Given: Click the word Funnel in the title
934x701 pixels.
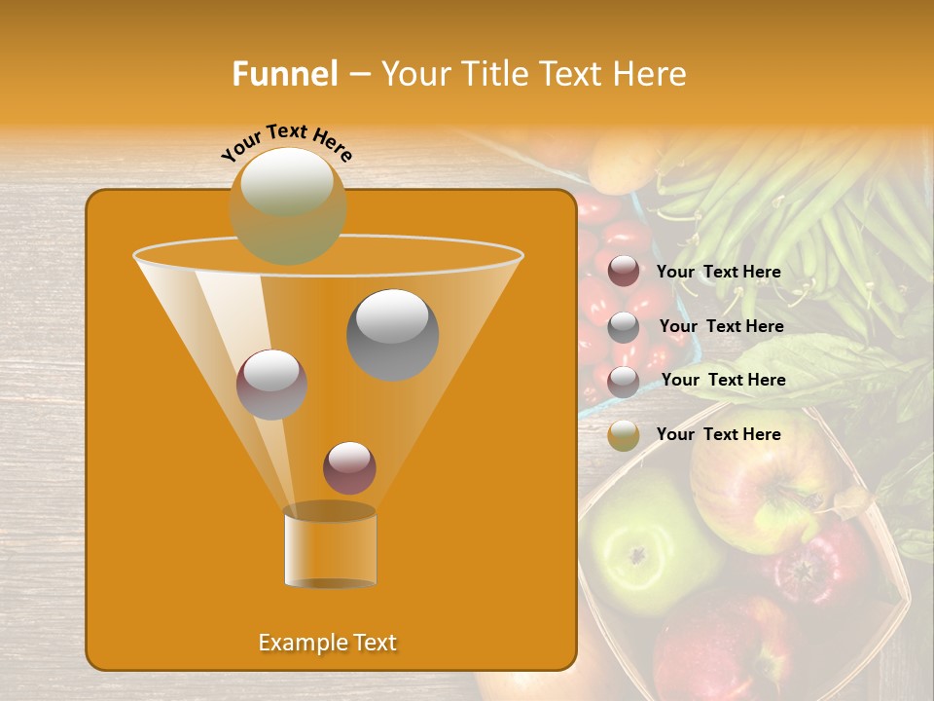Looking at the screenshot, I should click(284, 74).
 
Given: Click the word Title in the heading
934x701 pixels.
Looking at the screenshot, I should click(494, 74).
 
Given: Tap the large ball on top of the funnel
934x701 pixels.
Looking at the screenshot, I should click(288, 205).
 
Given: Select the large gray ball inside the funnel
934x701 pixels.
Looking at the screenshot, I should click(392, 334).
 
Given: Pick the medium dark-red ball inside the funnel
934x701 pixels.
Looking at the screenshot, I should click(271, 384).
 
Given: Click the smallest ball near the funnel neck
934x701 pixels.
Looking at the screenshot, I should click(349, 467).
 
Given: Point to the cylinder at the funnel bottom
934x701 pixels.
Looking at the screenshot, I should click(330, 548).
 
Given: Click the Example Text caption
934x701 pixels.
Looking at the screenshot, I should click(327, 643).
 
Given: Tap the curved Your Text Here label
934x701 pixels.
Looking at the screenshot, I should click(287, 142).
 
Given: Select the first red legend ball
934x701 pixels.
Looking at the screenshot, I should click(624, 272).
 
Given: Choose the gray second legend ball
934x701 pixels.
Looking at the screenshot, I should click(624, 327).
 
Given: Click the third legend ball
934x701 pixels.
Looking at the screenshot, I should click(624, 382).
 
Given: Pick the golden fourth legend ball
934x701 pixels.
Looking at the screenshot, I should click(624, 435).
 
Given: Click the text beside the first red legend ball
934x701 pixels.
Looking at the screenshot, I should click(718, 273).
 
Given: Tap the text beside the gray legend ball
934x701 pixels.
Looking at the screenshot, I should click(721, 327).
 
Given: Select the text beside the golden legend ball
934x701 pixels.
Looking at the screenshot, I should click(718, 434).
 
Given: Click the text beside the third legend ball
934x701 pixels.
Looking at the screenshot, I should click(723, 380).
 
